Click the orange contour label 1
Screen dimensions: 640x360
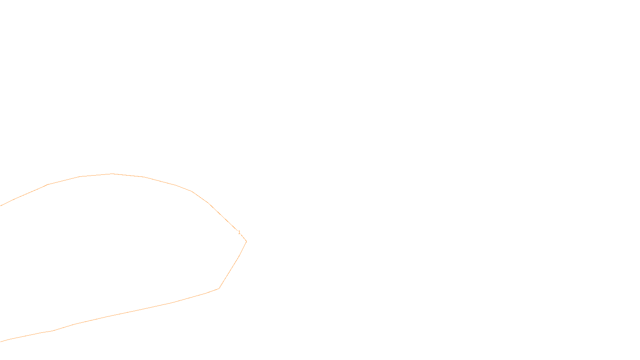coord(239,232)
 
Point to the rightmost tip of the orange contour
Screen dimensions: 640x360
coord(246,241)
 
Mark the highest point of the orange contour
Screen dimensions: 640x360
coord(112,174)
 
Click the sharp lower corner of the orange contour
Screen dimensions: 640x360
coord(219,288)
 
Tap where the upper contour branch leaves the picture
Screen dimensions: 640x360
coord(0,206)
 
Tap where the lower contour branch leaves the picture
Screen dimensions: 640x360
coord(0,342)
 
